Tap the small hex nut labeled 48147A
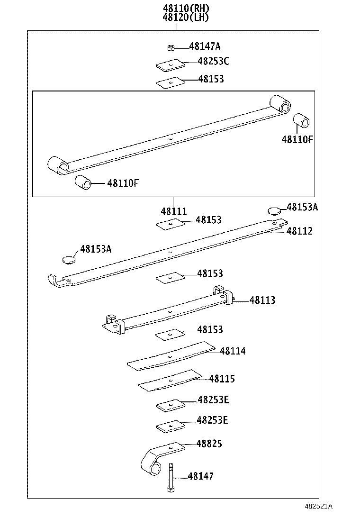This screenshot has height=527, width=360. click(171, 47)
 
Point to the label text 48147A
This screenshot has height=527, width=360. click(205, 46)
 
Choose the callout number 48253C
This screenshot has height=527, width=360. click(213, 61)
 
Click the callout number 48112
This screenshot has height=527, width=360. click(299, 231)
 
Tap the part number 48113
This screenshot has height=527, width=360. click(262, 300)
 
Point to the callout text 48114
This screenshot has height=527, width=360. click(232, 351)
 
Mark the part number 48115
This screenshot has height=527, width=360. click(222, 379)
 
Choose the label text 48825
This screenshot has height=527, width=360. click(209, 444)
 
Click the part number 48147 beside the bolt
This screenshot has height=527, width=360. click(200, 476)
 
